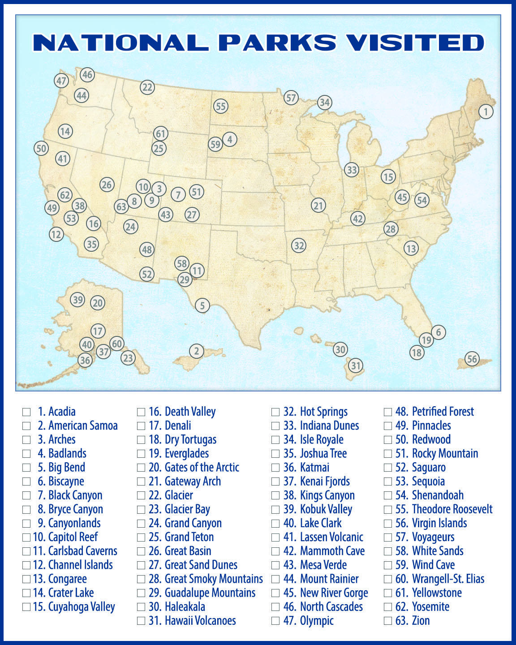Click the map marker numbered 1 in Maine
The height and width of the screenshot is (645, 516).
click(x=486, y=111)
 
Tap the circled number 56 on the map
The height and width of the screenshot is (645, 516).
click(x=472, y=358)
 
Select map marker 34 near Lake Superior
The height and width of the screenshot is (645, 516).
click(x=324, y=103)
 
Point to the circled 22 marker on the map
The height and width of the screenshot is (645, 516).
click(x=147, y=87)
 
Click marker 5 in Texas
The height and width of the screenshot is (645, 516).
click(x=202, y=305)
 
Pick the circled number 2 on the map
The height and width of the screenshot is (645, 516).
click(x=196, y=351)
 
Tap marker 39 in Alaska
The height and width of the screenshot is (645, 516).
click(x=78, y=300)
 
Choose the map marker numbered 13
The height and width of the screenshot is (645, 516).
click(x=411, y=248)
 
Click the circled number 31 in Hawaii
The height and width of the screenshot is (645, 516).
click(x=355, y=365)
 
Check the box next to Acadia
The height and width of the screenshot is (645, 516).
click(x=27, y=412)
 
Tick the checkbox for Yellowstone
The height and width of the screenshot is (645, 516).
click(x=388, y=593)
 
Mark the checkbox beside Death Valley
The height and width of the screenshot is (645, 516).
click(x=141, y=412)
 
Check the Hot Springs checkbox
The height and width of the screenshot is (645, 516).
click(x=276, y=412)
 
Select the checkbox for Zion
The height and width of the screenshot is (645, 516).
click(x=388, y=621)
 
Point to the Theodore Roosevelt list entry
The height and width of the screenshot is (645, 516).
click(x=452, y=509)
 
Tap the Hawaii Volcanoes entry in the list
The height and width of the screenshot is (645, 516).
click(x=200, y=621)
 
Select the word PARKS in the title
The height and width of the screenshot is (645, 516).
click(x=277, y=43)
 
